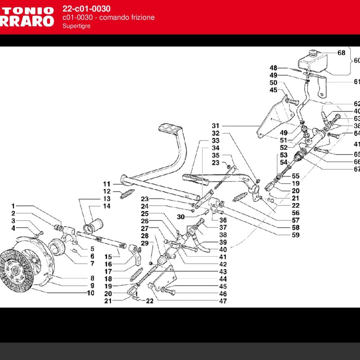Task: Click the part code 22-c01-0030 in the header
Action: coord(86,9)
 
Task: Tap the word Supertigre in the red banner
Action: coord(77,26)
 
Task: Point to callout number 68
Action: coord(341,53)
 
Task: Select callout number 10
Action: coord(91,293)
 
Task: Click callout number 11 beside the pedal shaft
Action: coord(107,184)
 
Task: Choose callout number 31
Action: coord(215,126)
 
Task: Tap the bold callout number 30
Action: coord(181,217)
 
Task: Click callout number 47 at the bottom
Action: coord(223,301)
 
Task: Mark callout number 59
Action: coord(296,235)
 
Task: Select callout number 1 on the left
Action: coord(13,206)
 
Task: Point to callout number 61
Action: coord(356,82)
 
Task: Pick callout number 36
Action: coord(223,220)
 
